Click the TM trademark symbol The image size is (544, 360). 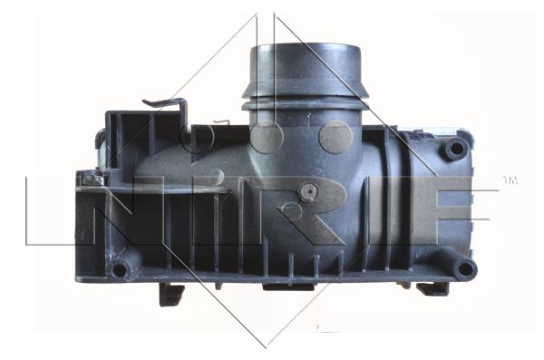[510, 180]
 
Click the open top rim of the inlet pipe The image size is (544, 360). [306, 48]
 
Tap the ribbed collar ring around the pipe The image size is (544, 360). [306, 104]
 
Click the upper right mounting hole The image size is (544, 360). [455, 149]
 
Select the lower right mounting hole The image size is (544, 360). [465, 269]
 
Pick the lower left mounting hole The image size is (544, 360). [119, 269]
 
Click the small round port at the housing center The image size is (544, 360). [307, 191]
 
